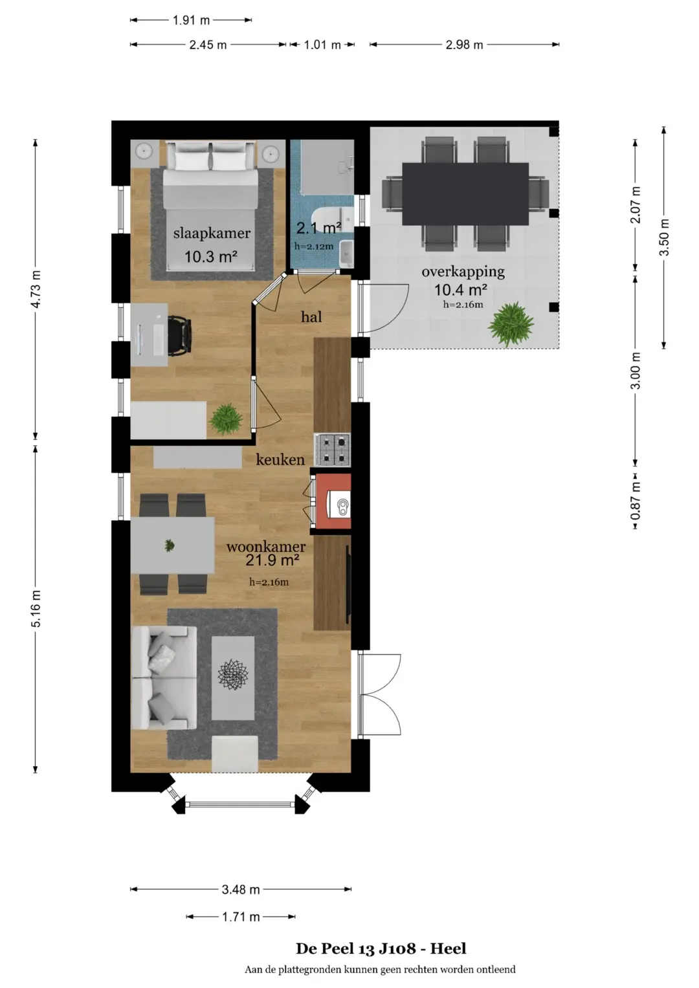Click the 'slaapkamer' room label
point(212,234)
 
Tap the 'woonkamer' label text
point(266,547)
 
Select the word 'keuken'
point(280,459)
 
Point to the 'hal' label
point(311,316)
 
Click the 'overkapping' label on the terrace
point(463,272)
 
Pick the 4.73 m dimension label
point(36,289)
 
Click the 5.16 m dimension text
point(36,608)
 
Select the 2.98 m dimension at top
point(464,45)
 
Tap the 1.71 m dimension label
point(241,917)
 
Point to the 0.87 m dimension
point(636,501)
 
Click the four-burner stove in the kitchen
point(332,450)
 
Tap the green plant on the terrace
point(511,324)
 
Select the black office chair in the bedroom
point(180,336)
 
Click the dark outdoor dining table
point(465,193)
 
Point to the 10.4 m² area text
point(461,290)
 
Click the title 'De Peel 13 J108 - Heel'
point(381,949)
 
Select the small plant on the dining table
point(170,545)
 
